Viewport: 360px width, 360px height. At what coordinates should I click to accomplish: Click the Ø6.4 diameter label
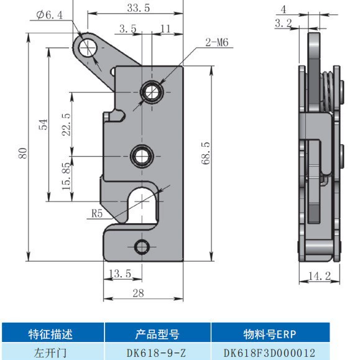coord(50,15)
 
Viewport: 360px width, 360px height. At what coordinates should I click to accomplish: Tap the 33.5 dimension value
coord(139,8)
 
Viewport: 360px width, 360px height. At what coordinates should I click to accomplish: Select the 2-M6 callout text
coord(217,42)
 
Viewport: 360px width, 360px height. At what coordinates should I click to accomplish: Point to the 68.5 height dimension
coord(206,153)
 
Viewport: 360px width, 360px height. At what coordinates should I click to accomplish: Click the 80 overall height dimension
coord(23,153)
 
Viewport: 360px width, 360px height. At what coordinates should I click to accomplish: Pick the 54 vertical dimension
coord(43,124)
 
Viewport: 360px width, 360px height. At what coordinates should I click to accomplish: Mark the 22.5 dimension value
coord(67,124)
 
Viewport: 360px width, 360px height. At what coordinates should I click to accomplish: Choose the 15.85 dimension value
coord(67,176)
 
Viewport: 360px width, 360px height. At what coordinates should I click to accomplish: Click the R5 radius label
coord(97,214)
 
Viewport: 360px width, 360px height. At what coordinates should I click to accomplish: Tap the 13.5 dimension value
coord(120,274)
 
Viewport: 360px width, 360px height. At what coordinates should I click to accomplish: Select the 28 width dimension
coord(138,293)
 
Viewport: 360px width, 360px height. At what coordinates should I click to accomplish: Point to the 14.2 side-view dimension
coord(320,275)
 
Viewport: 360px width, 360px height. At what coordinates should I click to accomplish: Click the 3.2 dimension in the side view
coord(284,23)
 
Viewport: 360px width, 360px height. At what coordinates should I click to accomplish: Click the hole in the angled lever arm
coord(88,48)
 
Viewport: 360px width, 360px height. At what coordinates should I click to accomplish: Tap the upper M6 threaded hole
coord(152,92)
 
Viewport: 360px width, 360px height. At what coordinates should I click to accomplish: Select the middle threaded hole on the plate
coord(142,156)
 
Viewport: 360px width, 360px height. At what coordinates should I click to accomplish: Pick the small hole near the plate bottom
coord(142,247)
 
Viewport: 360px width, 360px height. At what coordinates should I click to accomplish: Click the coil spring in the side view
coord(327,92)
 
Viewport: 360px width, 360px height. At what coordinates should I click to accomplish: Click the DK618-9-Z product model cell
coord(156,353)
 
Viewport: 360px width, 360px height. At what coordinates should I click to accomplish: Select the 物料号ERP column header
coord(270,334)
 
